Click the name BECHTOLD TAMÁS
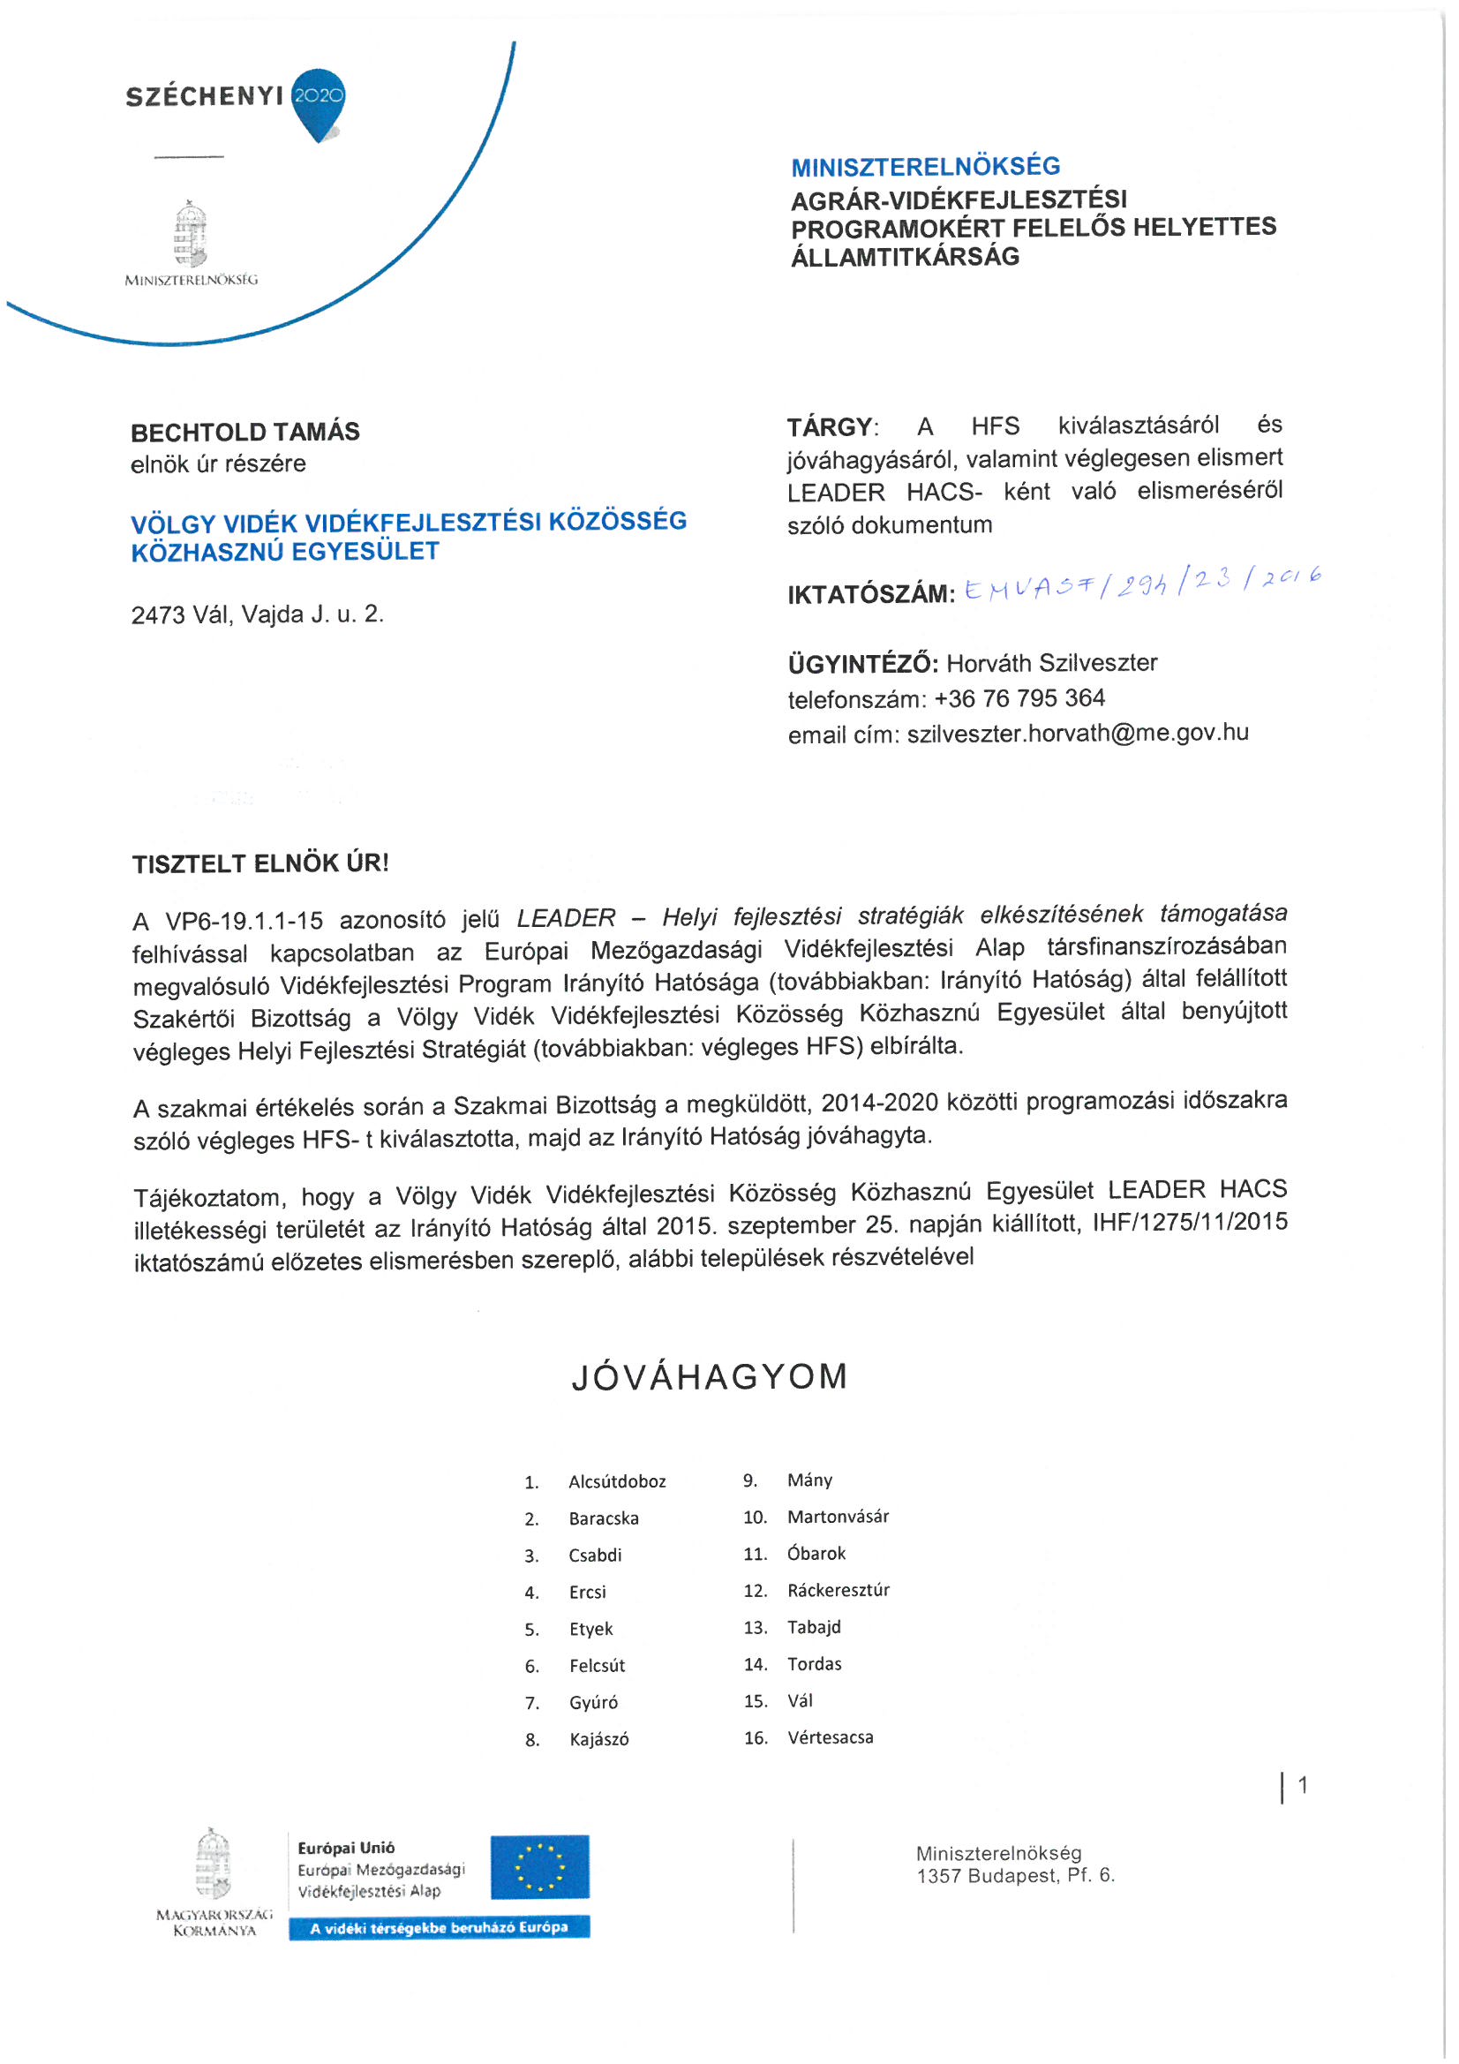244,433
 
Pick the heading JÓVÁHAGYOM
710,1377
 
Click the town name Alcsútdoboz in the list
617,1481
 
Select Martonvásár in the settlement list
838,1517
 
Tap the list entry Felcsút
597,1666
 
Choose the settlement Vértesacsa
830,1737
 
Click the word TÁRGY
830,427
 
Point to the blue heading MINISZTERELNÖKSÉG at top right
925,166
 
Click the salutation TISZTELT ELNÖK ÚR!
259,864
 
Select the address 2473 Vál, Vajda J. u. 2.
257,615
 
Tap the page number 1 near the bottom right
1302,1785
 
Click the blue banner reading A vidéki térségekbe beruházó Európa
439,1927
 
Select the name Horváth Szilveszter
1052,664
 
